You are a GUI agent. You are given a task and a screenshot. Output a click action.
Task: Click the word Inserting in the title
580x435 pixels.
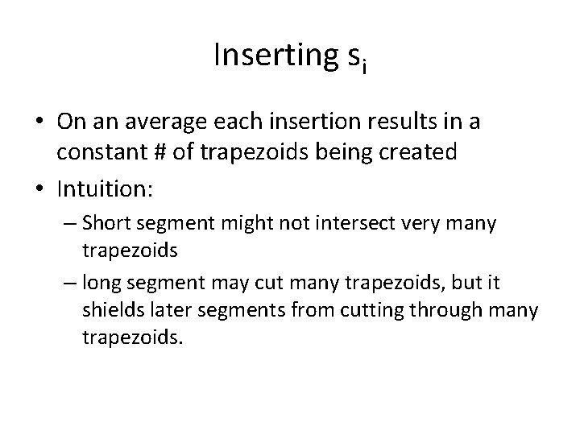pyautogui.click(x=267, y=56)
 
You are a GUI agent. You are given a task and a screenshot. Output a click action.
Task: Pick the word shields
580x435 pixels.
pyautogui.click(x=111, y=309)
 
